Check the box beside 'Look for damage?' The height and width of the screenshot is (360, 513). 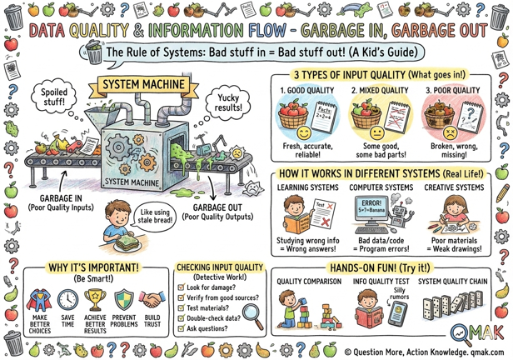point(182,287)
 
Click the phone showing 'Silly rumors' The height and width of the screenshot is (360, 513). point(399,316)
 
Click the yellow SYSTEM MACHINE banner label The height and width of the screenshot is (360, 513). point(134,85)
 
